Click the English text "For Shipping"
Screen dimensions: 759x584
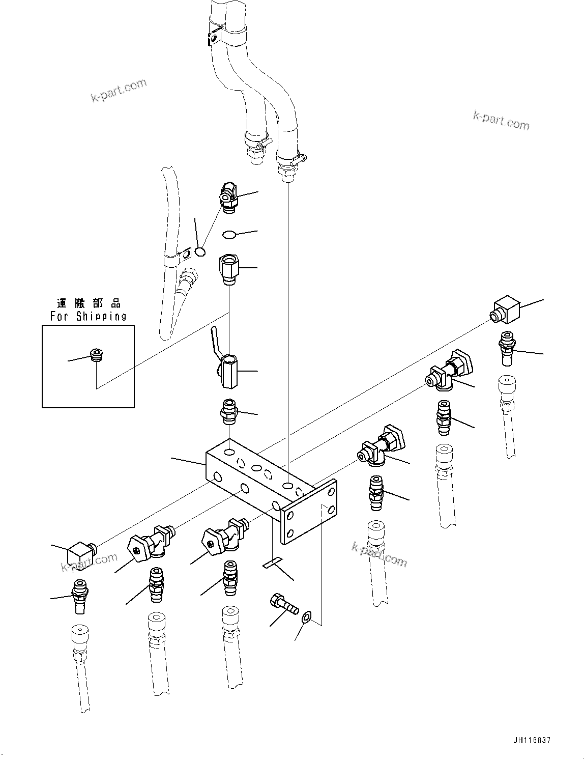point(88,316)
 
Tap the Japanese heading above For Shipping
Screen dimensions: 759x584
point(89,304)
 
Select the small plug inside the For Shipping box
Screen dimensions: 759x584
point(95,354)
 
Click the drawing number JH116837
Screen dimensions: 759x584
point(532,741)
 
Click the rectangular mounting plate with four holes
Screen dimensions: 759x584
point(310,511)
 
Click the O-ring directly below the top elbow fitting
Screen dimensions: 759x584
point(229,235)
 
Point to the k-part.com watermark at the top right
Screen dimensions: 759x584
point(501,121)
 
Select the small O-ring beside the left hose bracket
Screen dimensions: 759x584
point(200,251)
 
